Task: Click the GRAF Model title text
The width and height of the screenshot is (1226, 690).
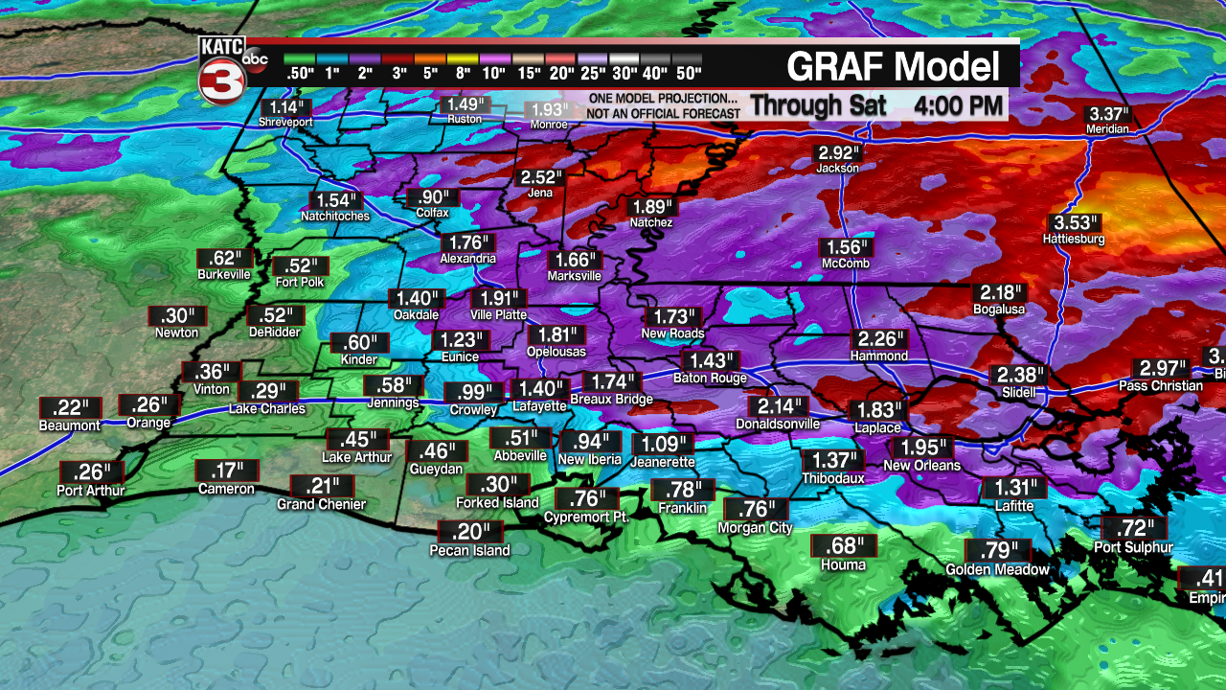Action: coord(893,67)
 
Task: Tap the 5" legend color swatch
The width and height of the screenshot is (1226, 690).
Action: coord(429,59)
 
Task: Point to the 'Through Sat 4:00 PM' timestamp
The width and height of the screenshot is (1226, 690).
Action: coord(875,103)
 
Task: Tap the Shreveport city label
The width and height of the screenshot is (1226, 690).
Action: coord(285,122)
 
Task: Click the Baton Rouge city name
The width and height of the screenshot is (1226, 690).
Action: coord(710,378)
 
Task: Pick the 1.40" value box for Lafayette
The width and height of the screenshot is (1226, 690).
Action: coord(538,388)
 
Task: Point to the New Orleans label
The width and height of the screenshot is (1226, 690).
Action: coord(921,466)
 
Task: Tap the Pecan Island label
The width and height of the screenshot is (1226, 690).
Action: coord(469,550)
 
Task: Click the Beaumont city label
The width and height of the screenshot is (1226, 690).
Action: coord(70,425)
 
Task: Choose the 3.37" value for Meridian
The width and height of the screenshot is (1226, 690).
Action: coord(1108,114)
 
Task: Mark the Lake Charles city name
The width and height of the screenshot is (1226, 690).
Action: coord(267,409)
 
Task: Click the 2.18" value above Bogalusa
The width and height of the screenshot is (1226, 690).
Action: coord(998,292)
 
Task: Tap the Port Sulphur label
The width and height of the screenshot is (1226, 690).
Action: coord(1133,547)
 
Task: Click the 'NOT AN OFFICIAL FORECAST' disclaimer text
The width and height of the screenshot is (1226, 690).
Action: coord(664,113)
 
